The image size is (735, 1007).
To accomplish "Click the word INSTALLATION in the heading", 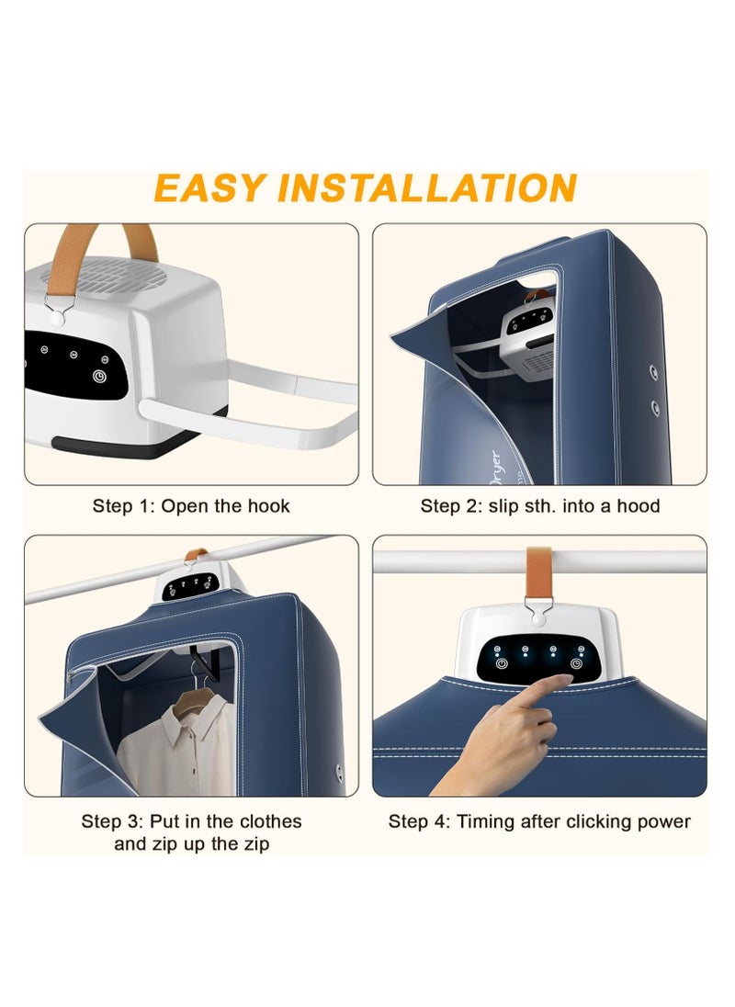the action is tap(427, 188).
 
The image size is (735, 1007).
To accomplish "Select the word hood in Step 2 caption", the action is tap(638, 506).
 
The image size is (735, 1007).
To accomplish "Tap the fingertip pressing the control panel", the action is tap(563, 679).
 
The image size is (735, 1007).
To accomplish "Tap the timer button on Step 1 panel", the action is tap(99, 377).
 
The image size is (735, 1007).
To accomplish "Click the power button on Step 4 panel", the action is tap(502, 663).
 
